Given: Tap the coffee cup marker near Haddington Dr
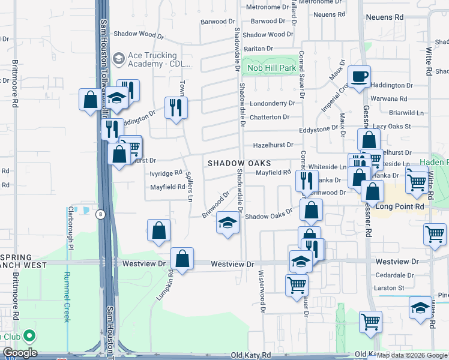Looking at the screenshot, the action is tap(359, 77).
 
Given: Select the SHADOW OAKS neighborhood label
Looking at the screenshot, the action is tap(240, 163).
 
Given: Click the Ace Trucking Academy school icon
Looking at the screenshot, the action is tap(118, 58).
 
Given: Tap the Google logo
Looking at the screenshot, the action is tap(19, 353).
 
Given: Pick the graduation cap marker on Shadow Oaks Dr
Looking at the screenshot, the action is tap(228, 223).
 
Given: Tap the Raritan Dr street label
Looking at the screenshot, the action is tap(258, 49).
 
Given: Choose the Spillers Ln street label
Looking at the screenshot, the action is tap(190, 185).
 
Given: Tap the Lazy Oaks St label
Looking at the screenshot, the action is tap(391, 127).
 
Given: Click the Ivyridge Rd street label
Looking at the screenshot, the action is tap(166, 173).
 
